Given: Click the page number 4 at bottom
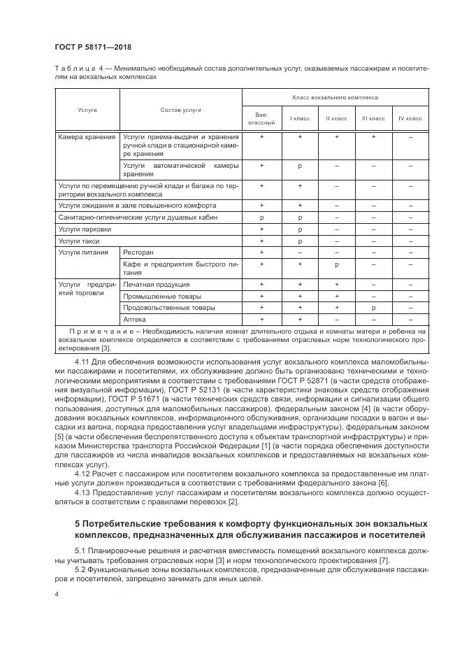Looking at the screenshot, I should point(57,594).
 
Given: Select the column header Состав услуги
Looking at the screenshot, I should point(180,111).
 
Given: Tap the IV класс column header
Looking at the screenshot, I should point(410,119).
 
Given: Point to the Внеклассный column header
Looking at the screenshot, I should point(262,119).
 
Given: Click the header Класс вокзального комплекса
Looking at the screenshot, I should point(335,98).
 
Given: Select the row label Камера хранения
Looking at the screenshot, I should point(87,138).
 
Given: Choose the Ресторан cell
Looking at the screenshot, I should point(138,252).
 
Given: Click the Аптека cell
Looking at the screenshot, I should point(134,319).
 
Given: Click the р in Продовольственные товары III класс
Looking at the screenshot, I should point(373,308).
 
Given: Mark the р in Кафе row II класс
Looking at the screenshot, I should point(336,265).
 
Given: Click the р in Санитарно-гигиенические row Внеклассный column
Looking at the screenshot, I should point(262,218).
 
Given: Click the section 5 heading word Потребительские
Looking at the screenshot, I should point(131,524).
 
